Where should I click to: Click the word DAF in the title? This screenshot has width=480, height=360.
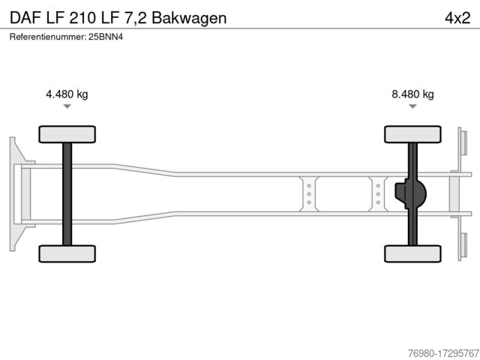click(25, 18)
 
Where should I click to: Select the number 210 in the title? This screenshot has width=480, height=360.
click(82, 18)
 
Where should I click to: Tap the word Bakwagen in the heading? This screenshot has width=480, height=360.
click(189, 18)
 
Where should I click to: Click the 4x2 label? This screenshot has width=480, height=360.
click(457, 18)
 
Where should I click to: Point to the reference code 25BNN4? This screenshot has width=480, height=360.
click(106, 37)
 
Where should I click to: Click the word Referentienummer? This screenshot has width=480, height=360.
click(48, 37)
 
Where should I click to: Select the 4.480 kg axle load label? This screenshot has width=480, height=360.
click(67, 94)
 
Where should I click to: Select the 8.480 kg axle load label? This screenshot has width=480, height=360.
click(412, 94)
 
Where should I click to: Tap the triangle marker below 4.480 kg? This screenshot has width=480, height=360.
click(67, 106)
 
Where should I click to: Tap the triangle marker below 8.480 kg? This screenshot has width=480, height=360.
click(412, 106)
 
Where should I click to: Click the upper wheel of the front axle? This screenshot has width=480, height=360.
click(67, 134)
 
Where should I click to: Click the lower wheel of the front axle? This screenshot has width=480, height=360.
click(67, 253)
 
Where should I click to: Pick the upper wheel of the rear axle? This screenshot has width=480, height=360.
click(412, 134)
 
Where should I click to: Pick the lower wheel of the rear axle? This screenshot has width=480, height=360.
click(412, 253)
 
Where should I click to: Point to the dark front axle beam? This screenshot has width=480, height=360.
click(67, 194)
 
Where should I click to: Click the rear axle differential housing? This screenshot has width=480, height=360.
click(410, 193)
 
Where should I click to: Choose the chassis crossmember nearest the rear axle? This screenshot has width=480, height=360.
click(378, 194)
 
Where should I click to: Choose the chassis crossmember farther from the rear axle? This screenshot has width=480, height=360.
click(309, 194)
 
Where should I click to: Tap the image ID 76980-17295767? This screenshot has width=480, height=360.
click(443, 353)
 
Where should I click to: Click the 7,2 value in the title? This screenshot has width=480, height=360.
click(135, 18)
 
